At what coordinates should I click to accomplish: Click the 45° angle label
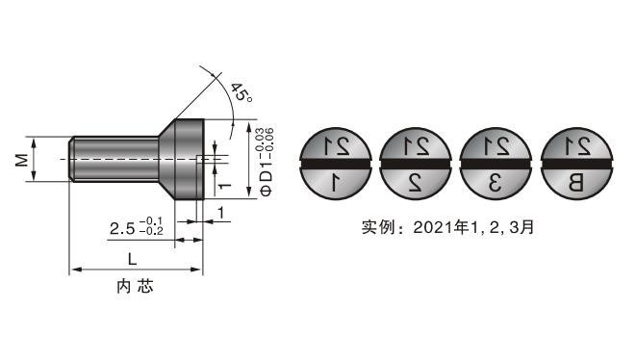point(242,93)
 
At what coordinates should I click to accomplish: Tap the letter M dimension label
point(22,160)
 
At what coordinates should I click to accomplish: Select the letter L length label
point(132,259)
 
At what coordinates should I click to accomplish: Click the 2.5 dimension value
point(122,228)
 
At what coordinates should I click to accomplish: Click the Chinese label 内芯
point(135,287)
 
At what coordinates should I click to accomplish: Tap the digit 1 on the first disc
point(336,182)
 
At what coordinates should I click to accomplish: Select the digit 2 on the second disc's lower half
point(416,183)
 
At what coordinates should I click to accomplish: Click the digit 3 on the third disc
point(496,183)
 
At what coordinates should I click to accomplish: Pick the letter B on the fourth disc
point(575,183)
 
